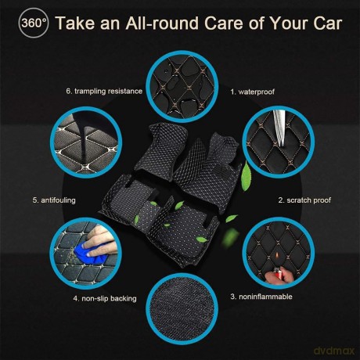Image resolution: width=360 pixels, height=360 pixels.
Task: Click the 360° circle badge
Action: point(34,23)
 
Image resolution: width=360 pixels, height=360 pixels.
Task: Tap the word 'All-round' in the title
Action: point(162,23)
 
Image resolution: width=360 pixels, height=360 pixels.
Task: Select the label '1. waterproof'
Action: point(253,92)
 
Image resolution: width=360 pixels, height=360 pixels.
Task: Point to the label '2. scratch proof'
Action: point(304,200)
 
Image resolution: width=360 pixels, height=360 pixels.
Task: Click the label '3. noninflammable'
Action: point(261,297)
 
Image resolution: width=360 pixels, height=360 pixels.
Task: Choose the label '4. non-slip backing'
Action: point(105,298)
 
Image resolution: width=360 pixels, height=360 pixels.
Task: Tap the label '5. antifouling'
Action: point(54,200)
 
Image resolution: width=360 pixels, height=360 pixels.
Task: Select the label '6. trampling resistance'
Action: point(104,91)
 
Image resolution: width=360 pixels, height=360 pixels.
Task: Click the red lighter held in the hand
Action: point(278,274)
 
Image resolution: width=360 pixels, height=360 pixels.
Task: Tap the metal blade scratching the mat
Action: point(279,128)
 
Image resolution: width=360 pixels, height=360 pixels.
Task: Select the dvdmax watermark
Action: point(334,351)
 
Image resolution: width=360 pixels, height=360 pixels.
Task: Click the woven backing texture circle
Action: point(182,309)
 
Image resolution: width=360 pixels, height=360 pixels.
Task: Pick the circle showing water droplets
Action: point(182,87)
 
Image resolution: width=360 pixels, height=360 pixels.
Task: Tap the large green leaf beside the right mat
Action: point(246,176)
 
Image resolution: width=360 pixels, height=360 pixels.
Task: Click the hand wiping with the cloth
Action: point(100,241)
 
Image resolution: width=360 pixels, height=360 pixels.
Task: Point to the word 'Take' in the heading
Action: point(75,23)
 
